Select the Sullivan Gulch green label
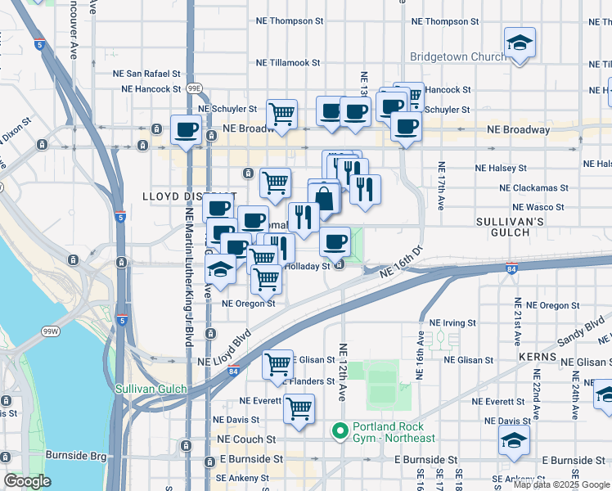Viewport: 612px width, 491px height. pos(151,390)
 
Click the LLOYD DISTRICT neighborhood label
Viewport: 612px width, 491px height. pos(189,196)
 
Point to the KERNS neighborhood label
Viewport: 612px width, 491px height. pos(537,358)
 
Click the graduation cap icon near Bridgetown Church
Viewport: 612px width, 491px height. pos(519,42)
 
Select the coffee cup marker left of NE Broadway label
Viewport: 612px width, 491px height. pos(187,128)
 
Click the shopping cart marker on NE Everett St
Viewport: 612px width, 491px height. pos(299,407)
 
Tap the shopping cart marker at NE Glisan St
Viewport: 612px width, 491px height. pos(278,363)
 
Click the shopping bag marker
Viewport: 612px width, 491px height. pos(325,198)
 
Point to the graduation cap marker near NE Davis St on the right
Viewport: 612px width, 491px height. pos(513,440)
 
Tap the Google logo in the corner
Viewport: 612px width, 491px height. pos(28,481)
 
